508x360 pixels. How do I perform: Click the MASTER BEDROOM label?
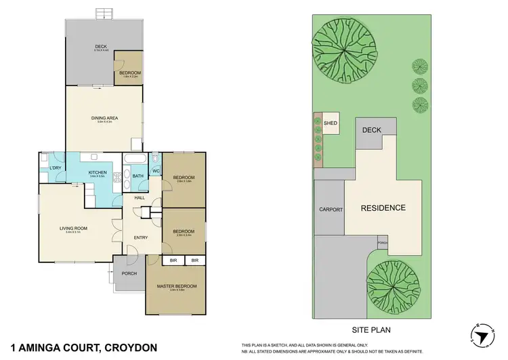point(176,286)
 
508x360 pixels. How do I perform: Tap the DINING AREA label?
point(105,119)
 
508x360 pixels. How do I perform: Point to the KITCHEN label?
point(98,173)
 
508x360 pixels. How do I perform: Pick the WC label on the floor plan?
point(155,170)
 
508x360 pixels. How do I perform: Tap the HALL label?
point(140,197)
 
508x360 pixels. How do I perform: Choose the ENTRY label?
point(141,237)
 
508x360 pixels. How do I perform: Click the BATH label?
point(137,177)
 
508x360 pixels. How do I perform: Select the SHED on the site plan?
point(331,123)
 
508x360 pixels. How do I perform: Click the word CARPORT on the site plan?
point(331,209)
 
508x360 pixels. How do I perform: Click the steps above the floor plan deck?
point(104,13)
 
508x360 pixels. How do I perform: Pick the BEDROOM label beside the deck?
point(129,73)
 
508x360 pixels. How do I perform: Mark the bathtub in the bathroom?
point(131,159)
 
